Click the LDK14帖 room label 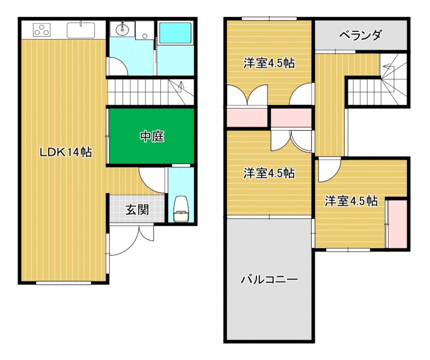(x=66, y=152)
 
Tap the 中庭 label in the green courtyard (x=152, y=136)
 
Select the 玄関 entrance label (x=137, y=210)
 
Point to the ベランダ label (x=360, y=35)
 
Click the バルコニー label (x=269, y=280)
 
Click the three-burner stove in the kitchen (x=42, y=30)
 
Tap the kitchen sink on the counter (x=81, y=30)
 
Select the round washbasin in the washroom (x=121, y=29)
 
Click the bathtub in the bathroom (x=175, y=33)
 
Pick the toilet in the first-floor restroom (x=181, y=209)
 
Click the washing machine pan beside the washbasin (x=144, y=29)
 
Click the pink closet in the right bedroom (x=398, y=224)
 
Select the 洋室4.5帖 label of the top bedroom (x=269, y=64)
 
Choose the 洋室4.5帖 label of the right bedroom (x=351, y=201)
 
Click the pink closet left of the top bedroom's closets (x=247, y=118)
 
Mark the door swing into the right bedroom (x=329, y=170)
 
